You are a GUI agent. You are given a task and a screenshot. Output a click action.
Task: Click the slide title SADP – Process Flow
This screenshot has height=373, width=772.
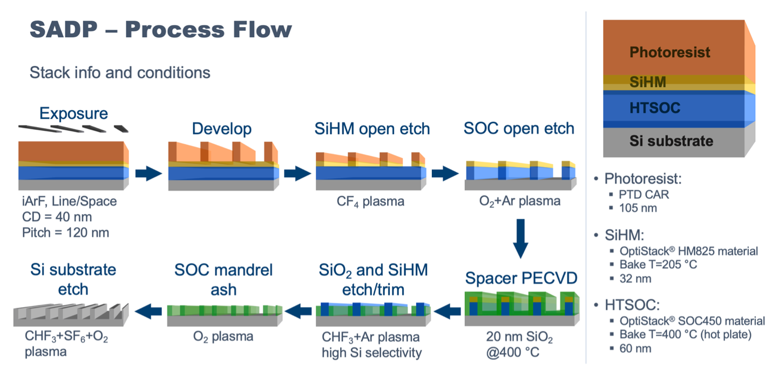pyautogui.click(x=160, y=29)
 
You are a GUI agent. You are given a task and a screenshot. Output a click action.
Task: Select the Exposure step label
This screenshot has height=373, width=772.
pyautogui.click(x=73, y=114)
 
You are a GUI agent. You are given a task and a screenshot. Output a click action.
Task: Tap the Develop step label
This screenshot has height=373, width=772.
pyautogui.click(x=222, y=129)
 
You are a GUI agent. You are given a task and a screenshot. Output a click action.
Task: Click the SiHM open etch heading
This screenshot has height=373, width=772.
pyautogui.click(x=372, y=129)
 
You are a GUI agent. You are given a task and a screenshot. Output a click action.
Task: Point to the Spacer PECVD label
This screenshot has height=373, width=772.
pyautogui.click(x=521, y=278)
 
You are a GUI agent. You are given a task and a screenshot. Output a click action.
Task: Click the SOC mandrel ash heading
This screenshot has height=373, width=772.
pyautogui.click(x=224, y=279)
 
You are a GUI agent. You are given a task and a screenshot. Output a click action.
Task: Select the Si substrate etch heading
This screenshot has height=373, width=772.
pyautogui.click(x=73, y=279)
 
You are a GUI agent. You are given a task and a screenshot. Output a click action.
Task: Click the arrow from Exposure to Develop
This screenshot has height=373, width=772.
pyautogui.click(x=148, y=174)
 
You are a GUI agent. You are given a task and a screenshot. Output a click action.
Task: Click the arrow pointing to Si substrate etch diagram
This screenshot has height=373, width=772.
pyautogui.click(x=148, y=310)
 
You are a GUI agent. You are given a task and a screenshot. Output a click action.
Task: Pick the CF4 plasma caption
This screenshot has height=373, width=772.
pyautogui.click(x=371, y=202)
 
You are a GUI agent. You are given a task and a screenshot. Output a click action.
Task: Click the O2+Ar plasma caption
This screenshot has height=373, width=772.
pyautogui.click(x=520, y=202)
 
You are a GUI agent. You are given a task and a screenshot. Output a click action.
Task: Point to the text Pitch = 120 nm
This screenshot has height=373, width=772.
pyautogui.click(x=65, y=233)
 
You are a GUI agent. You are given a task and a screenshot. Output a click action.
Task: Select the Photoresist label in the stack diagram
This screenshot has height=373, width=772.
pyautogui.click(x=669, y=52)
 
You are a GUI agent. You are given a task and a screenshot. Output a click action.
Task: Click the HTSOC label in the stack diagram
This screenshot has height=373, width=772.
pyautogui.click(x=654, y=108)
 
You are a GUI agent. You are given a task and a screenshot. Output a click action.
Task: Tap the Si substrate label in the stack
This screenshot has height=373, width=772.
pyautogui.click(x=671, y=141)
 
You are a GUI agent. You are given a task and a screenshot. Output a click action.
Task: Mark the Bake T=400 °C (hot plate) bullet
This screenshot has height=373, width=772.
pyautogui.click(x=692, y=335)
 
